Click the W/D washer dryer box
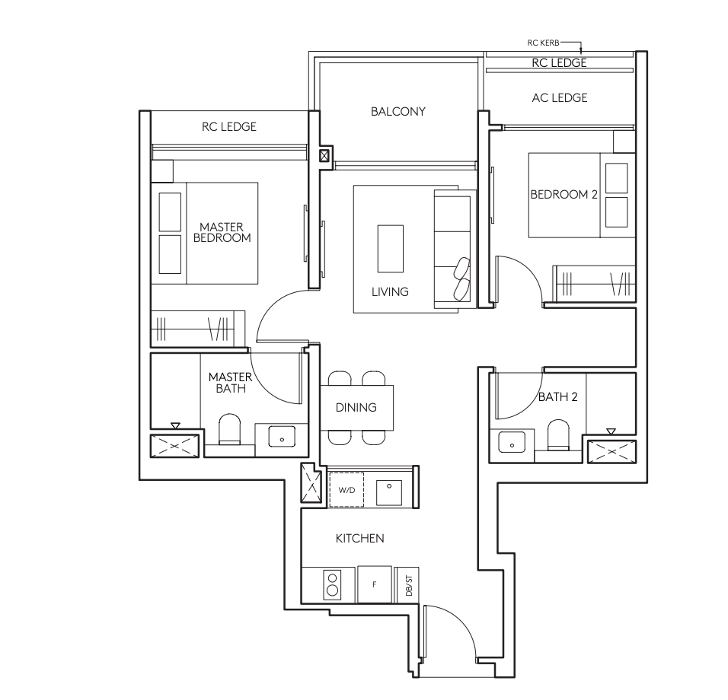click(346, 489)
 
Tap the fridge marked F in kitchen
click(375, 584)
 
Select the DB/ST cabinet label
click(409, 585)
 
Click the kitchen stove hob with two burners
click(333, 584)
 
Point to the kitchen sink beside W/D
click(389, 492)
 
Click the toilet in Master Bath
click(229, 429)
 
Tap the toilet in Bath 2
click(558, 434)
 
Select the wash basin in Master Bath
click(282, 437)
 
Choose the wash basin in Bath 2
click(512, 441)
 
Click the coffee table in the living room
click(391, 249)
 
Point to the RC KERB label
click(543, 43)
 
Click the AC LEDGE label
click(560, 98)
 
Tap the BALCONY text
click(398, 111)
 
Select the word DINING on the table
click(356, 407)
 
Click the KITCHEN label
click(360, 539)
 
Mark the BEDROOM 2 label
click(564, 194)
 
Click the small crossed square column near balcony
click(324, 155)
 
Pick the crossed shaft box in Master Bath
click(174, 447)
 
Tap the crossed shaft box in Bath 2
click(611, 451)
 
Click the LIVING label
click(390, 291)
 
